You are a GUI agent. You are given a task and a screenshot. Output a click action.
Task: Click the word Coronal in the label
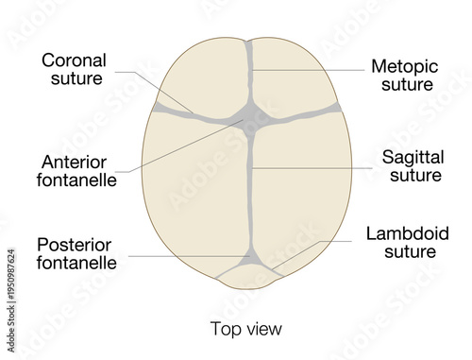(x=75, y=60)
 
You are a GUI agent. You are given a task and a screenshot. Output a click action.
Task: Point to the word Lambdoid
(x=407, y=233)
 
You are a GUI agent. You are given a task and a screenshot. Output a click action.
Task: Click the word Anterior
(x=75, y=160)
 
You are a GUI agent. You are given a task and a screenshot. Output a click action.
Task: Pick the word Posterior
(x=76, y=245)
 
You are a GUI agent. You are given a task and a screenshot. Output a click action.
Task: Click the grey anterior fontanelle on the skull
(x=250, y=119)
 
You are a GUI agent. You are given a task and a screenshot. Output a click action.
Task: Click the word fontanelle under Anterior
(x=79, y=179)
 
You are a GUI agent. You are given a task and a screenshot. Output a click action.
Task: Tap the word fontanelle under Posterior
(x=77, y=264)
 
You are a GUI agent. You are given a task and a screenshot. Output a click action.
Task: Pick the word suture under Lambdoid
(x=407, y=252)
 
